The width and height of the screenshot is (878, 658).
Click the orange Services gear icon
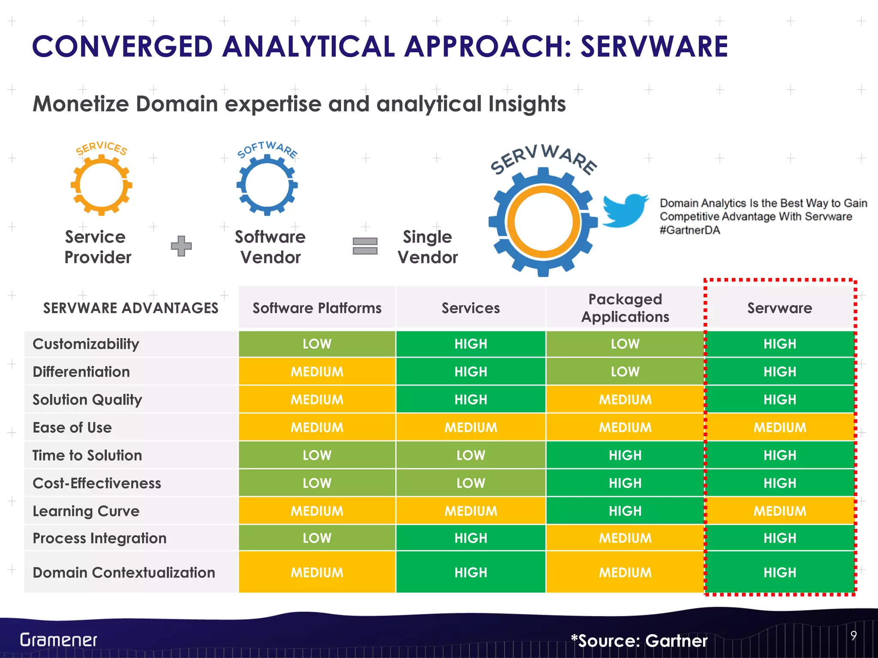click(102, 185)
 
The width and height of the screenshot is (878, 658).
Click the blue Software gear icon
click(267, 185)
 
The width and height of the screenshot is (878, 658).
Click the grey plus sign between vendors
click(181, 246)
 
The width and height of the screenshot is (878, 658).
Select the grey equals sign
click(365, 246)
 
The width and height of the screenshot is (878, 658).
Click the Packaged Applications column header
click(625, 308)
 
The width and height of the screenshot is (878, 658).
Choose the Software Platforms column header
click(317, 308)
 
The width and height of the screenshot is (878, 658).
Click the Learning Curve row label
click(86, 511)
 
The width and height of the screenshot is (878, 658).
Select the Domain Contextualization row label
click(124, 572)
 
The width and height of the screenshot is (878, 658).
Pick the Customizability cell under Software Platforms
click(317, 344)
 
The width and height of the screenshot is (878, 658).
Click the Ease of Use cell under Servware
click(779, 427)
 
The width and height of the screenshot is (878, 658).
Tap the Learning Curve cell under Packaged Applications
click(625, 511)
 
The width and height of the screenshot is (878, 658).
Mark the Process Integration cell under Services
click(471, 538)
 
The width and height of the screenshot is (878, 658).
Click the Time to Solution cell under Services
click(471, 455)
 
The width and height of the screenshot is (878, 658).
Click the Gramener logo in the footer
click(59, 640)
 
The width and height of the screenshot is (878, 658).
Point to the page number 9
click(854, 636)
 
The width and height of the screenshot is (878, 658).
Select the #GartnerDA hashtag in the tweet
click(690, 230)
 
